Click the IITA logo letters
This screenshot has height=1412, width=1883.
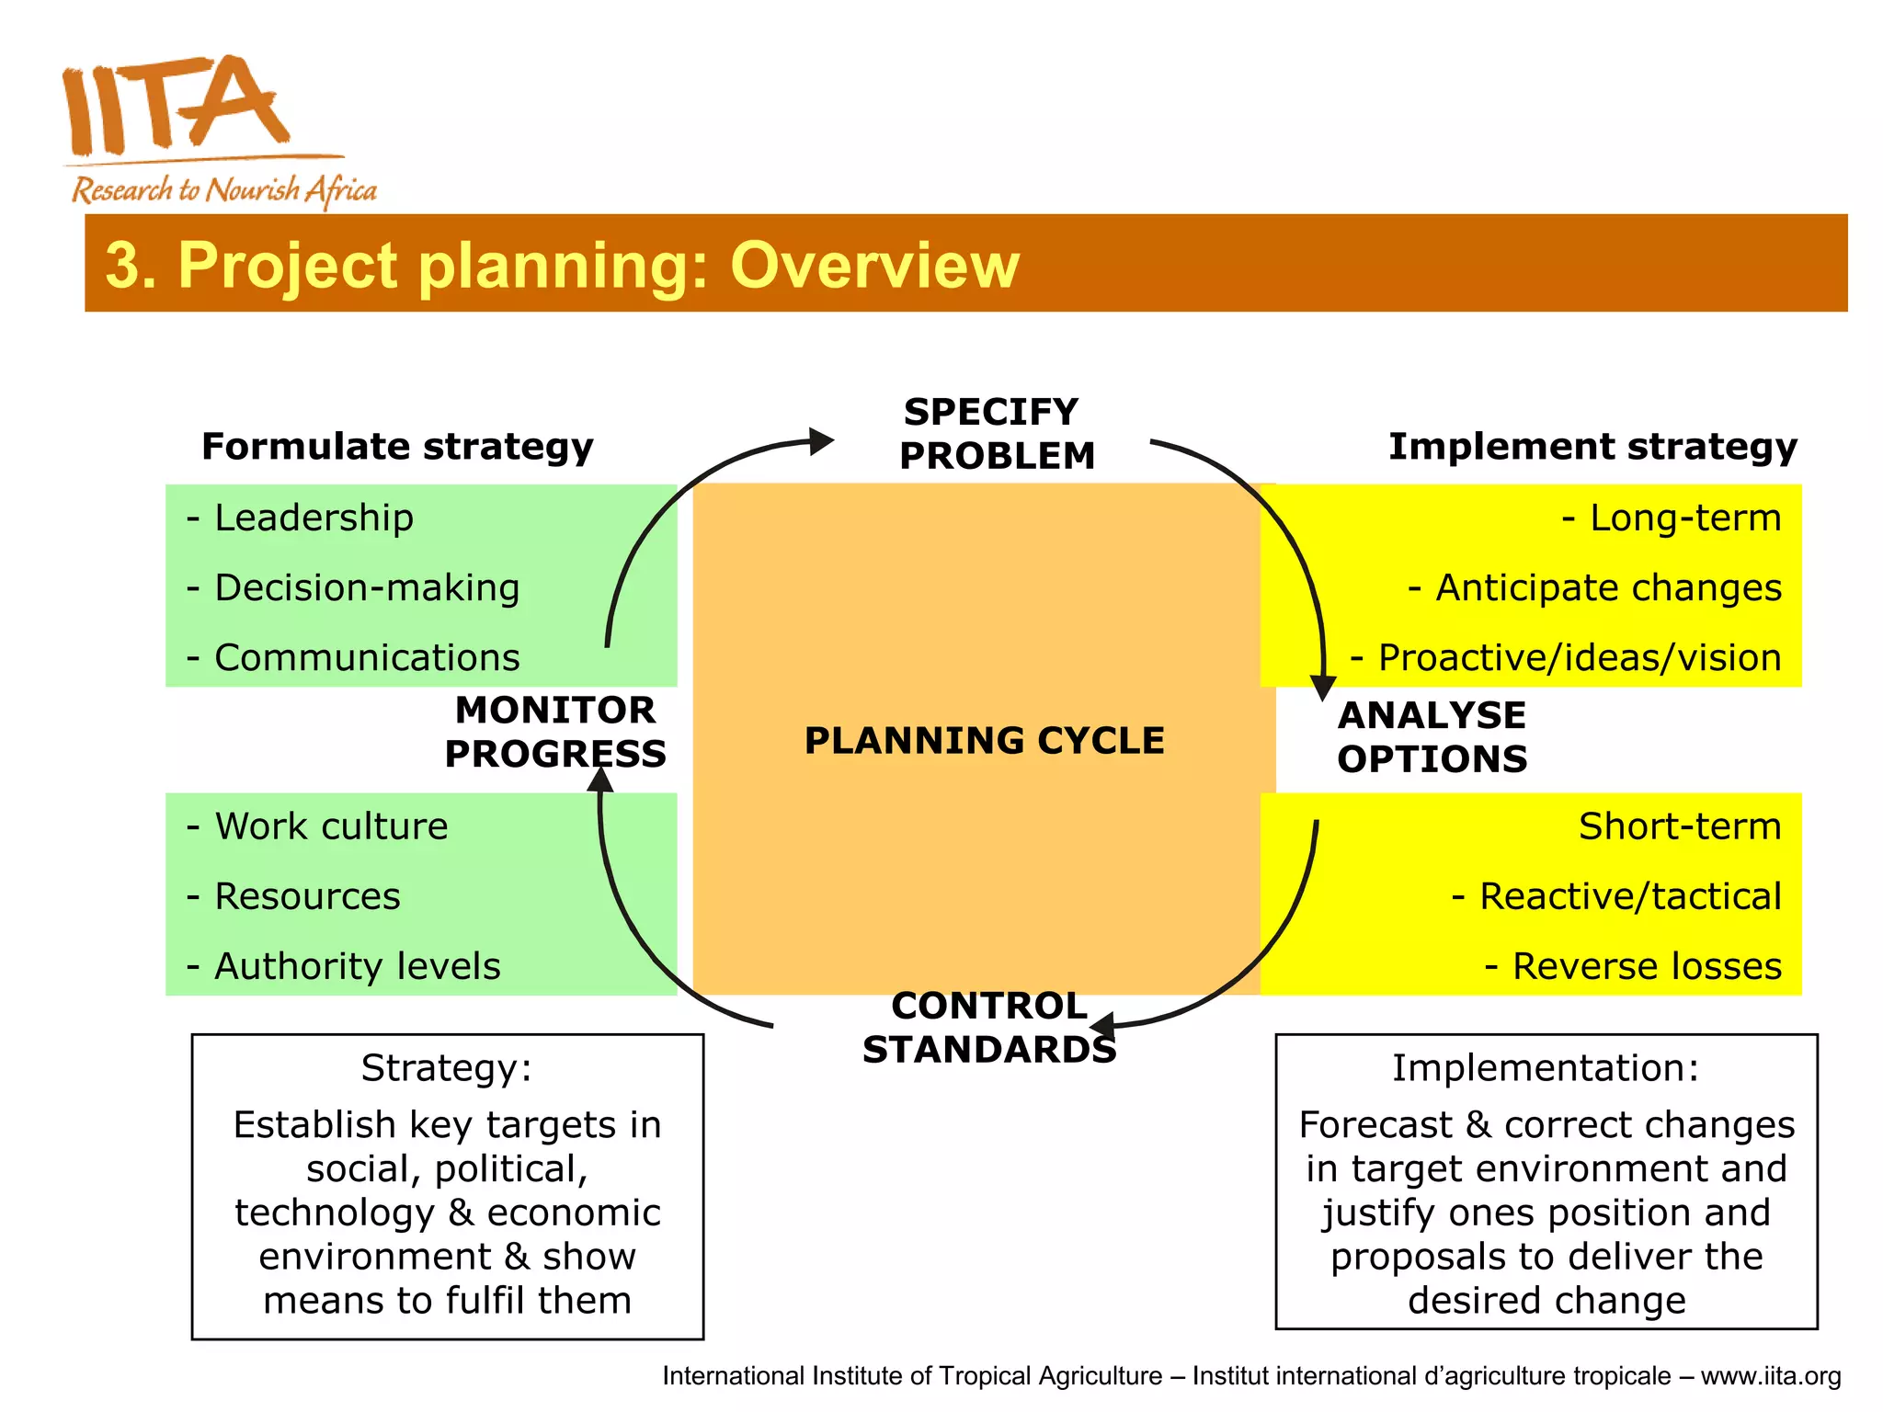coord(175,106)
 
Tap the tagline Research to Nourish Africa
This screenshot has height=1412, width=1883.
coord(224,190)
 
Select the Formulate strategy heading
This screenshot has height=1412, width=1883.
coord(397,447)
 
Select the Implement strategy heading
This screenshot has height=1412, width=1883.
coord(1592,447)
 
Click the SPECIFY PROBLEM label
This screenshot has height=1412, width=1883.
coord(996,434)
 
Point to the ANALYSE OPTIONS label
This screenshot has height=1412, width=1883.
coord(1432,737)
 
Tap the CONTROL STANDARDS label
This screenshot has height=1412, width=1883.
coord(989,1028)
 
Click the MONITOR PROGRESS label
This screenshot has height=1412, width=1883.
coord(555,732)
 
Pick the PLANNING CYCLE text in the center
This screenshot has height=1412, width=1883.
coord(984,741)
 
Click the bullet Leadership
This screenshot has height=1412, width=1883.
coord(313,518)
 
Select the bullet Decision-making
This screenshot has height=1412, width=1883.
coord(366,588)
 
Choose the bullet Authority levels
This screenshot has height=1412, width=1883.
coord(357,967)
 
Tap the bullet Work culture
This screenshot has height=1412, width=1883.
coord(331,827)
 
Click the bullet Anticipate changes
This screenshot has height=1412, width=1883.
coord(1607,588)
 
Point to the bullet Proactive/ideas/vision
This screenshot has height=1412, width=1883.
coord(1578,658)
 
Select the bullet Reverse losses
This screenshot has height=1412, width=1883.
coord(1646,967)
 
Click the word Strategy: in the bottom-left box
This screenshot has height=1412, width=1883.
coord(447,1068)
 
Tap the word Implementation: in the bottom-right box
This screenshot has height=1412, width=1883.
coord(1546,1068)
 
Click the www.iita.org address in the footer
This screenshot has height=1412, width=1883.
coord(1771,1376)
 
